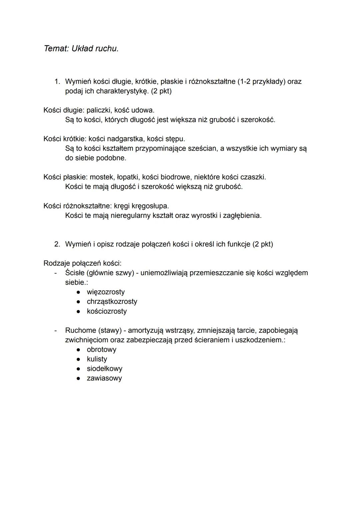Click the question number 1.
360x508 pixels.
[x=57, y=82]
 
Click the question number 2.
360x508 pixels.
[x=57, y=244]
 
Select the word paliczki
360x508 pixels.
[x=99, y=110]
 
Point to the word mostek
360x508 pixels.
[x=101, y=177]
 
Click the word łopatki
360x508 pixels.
[x=128, y=177]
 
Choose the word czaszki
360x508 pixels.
[x=253, y=177]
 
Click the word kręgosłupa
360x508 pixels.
[x=152, y=206]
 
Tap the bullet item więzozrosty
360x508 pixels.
[x=106, y=292]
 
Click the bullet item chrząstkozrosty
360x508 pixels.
[x=112, y=301]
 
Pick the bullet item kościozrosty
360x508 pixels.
[x=107, y=311]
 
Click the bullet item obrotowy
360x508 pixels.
[x=101, y=349]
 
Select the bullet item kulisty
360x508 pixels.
[x=97, y=359]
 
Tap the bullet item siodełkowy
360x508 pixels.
[x=104, y=369]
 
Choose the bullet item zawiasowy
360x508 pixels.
[x=104, y=378]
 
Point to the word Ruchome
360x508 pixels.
[x=80, y=330]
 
